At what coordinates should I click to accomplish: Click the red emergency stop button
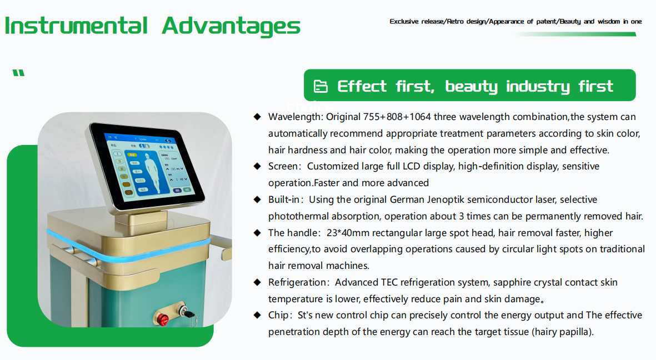(163, 319)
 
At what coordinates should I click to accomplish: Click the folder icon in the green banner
(321, 86)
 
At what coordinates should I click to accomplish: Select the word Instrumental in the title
(76, 26)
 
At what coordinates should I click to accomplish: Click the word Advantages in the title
(231, 26)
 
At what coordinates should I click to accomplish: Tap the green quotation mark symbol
(18, 73)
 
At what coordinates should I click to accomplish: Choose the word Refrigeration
(297, 282)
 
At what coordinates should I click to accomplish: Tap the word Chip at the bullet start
(278, 315)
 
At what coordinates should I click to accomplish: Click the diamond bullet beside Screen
(257, 166)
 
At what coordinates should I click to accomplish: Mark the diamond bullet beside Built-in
(257, 199)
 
